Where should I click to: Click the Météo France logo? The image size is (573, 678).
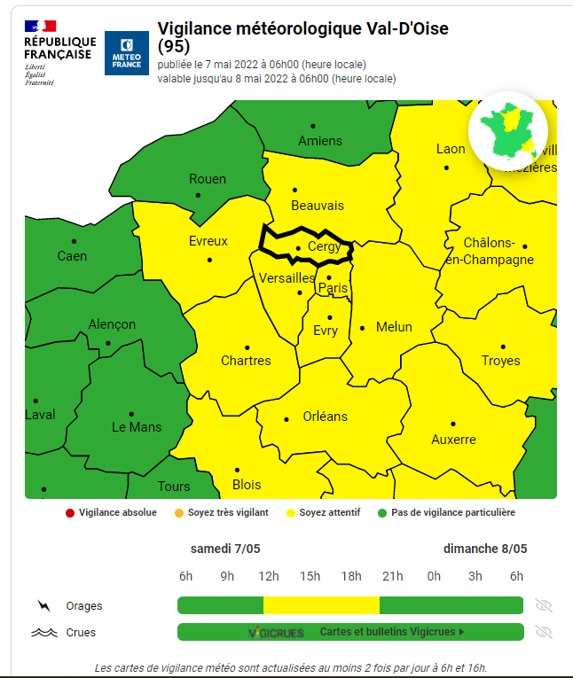[x=126, y=53]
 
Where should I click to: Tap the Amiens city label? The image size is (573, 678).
[x=320, y=141]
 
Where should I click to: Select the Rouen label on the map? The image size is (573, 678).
[x=208, y=179]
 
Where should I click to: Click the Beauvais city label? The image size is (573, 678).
[x=317, y=206]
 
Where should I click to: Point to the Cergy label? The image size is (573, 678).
[x=324, y=246]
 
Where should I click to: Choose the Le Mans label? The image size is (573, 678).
[x=137, y=426]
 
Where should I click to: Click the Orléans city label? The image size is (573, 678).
[x=326, y=416]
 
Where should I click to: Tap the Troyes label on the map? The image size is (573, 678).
[x=500, y=361]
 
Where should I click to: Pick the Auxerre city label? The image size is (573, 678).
[x=453, y=440]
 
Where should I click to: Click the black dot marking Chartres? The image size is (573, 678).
[x=247, y=347]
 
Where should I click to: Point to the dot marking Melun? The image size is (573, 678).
[x=362, y=328]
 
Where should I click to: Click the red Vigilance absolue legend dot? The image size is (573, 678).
[x=69, y=512]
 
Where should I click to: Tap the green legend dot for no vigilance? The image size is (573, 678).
[x=382, y=512]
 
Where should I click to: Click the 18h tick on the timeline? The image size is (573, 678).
[x=351, y=576]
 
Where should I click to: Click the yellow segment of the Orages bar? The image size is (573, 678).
[x=321, y=605]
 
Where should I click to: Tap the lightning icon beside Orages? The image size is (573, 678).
[x=43, y=606]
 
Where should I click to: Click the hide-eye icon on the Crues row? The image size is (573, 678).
[x=544, y=632]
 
